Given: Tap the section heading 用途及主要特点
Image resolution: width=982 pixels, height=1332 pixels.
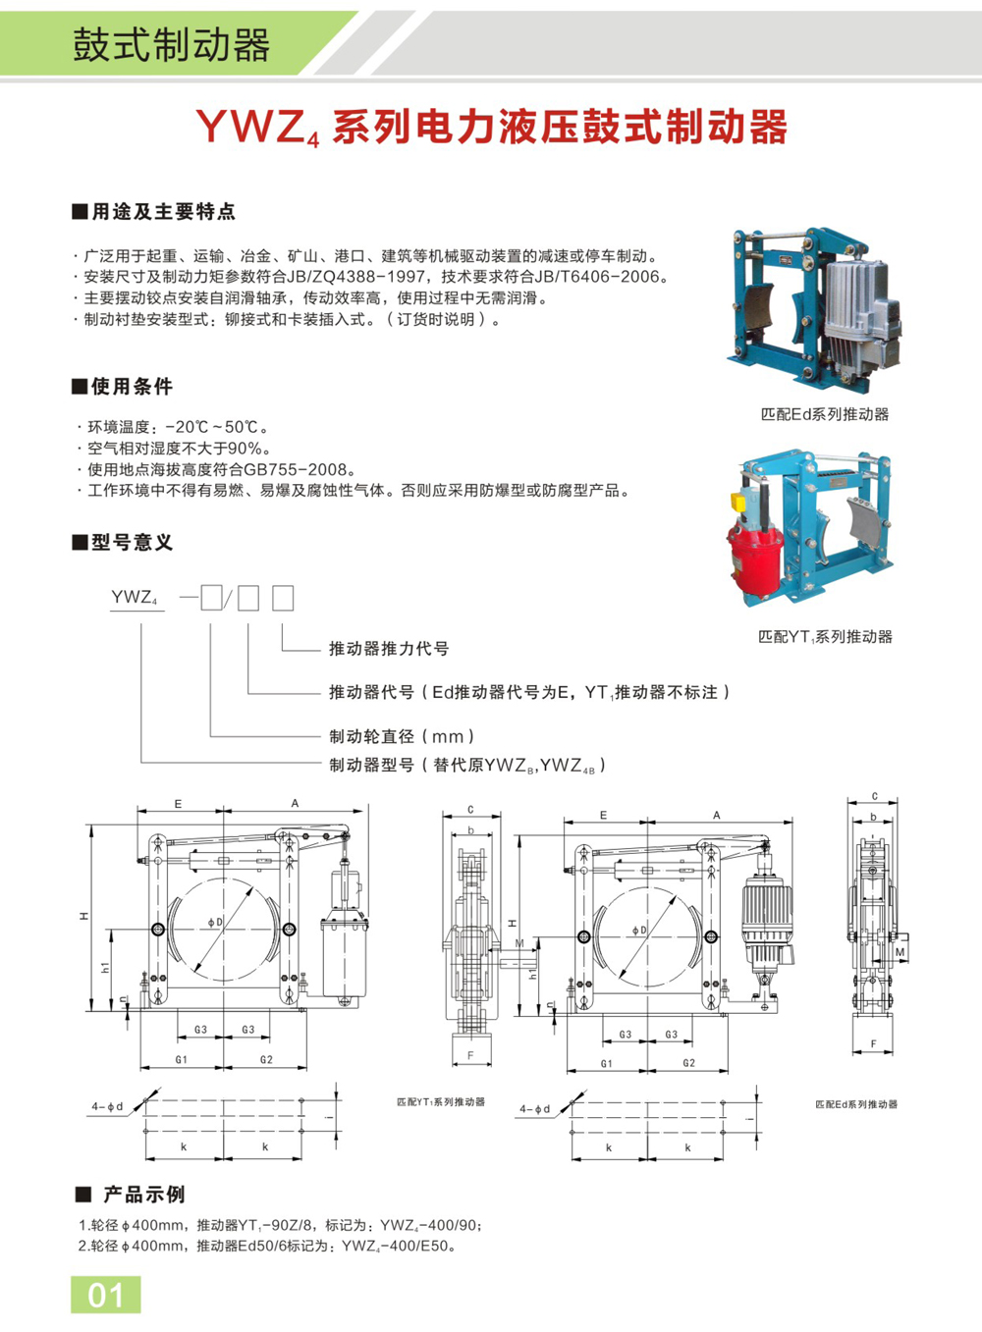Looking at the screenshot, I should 163,211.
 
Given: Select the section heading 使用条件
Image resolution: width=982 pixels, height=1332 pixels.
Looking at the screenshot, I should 132,386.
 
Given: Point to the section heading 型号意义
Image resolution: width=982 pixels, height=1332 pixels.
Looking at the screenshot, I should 132,542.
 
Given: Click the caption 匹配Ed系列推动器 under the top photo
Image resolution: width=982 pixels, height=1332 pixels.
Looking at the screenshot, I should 824,414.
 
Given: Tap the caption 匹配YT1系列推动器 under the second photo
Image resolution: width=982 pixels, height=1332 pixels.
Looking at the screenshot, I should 824,636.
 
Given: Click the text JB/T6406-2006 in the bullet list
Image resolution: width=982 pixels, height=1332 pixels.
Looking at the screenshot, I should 594,277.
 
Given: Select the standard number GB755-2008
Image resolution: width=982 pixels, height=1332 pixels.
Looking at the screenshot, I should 299,469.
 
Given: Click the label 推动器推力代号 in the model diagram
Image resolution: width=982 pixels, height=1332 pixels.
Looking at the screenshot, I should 389,649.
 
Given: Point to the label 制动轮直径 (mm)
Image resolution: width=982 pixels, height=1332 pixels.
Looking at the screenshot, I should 402,736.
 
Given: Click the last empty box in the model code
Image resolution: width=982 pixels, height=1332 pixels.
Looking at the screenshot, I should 283,598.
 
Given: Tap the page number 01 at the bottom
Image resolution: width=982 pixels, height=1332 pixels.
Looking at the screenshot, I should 106,1295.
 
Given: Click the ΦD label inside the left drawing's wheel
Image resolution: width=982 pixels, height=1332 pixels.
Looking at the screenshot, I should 214,923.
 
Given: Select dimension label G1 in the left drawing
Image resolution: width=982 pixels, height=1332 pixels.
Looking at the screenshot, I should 182,1060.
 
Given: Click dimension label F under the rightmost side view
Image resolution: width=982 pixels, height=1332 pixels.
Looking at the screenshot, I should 873,1044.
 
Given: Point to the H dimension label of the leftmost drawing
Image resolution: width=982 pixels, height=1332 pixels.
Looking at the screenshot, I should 84,916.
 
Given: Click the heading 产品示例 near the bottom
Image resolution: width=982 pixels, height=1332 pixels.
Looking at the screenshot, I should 144,1195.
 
